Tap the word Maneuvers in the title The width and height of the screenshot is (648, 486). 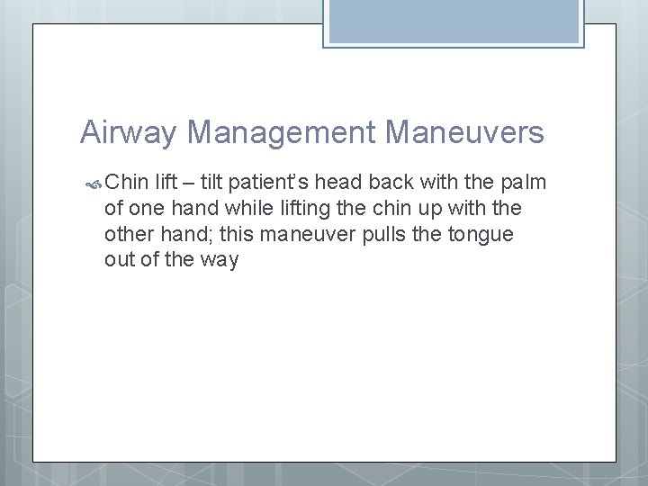(463, 133)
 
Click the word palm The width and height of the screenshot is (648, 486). (524, 183)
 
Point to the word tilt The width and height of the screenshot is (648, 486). (212, 183)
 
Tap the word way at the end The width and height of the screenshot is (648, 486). (220, 261)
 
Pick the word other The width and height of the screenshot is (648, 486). (130, 235)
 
